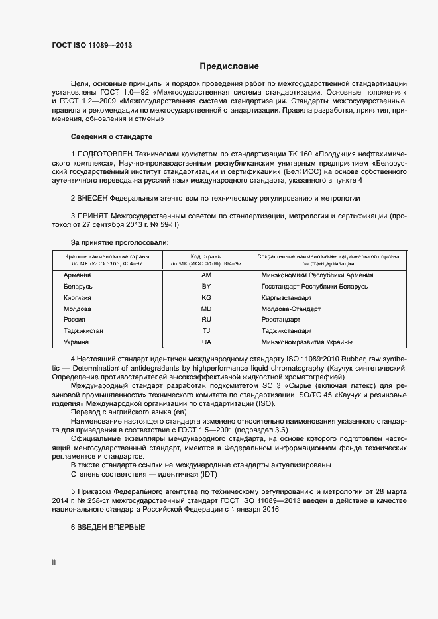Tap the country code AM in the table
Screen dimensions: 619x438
coord(206,275)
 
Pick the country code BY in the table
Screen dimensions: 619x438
coord(206,286)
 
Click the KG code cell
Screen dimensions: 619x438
coord(206,297)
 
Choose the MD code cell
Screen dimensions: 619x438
coord(206,309)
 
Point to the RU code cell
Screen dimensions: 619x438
coord(206,320)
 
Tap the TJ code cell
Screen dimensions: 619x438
coord(206,331)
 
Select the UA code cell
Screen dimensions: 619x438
coord(206,342)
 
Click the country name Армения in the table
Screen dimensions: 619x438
coord(77,275)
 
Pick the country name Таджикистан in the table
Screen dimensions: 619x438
coord(84,331)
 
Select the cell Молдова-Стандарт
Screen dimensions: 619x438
coord(291,309)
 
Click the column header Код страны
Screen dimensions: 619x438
coord(206,256)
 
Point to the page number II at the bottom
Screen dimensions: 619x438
coord(54,562)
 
